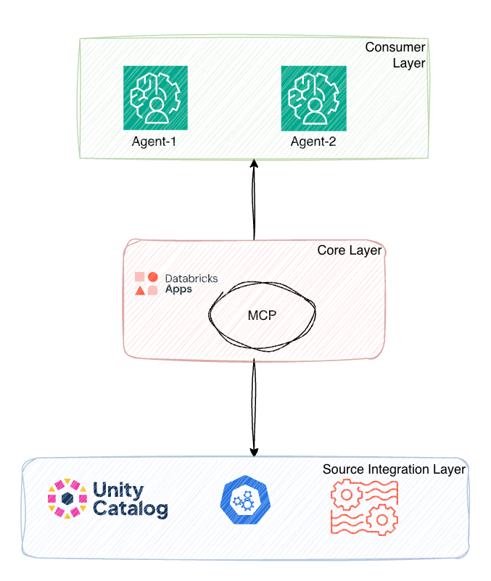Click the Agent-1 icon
[x=155, y=97]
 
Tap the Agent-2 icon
[x=313, y=97]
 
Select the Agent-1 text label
[x=154, y=141]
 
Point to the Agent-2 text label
[x=313, y=141]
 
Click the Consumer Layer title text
[x=395, y=55]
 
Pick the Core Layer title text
[x=350, y=251]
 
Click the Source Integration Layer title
[x=394, y=470]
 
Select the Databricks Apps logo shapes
[x=146, y=284]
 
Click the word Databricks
[x=191, y=278]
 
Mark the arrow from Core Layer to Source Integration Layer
[x=255, y=406]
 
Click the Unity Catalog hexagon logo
[x=67, y=500]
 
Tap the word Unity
[x=119, y=490]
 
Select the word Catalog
[x=131, y=509]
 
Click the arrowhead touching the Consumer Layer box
[x=255, y=164]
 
